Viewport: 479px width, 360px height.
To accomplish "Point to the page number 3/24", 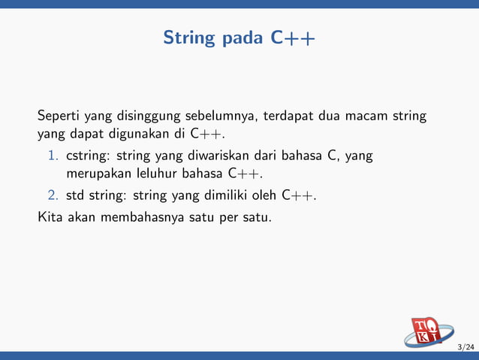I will coord(465,346).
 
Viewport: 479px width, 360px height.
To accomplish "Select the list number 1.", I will coord(54,156).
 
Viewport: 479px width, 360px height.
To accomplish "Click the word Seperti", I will coord(59,116).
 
